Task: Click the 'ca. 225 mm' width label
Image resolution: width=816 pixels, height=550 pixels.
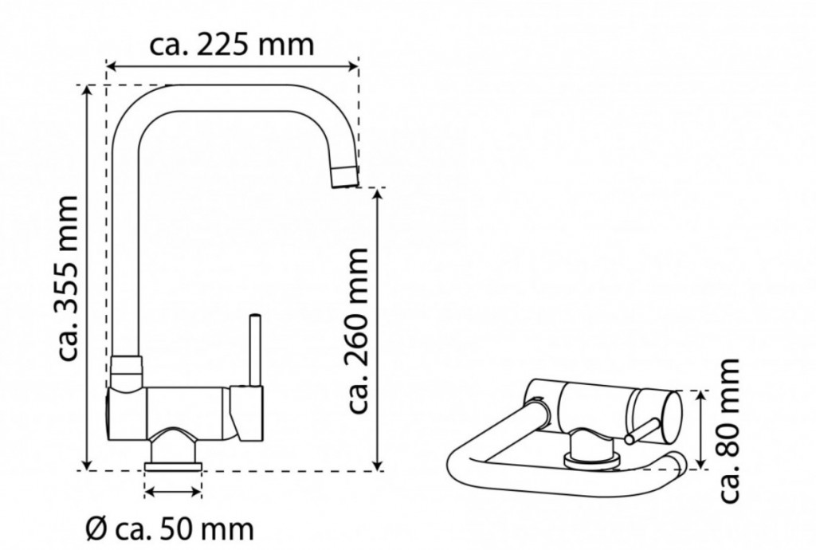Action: tap(232, 45)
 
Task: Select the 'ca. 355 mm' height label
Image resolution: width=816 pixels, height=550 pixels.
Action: tap(69, 278)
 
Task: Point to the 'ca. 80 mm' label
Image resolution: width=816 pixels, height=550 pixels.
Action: tap(728, 430)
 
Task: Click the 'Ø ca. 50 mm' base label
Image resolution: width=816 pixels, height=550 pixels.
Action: tap(171, 529)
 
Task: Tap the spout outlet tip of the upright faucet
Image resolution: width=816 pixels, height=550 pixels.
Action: tap(345, 176)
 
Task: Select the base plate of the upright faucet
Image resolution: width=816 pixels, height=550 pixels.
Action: tap(173, 466)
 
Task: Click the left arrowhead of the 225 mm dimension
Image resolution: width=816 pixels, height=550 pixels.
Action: tap(110, 66)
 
